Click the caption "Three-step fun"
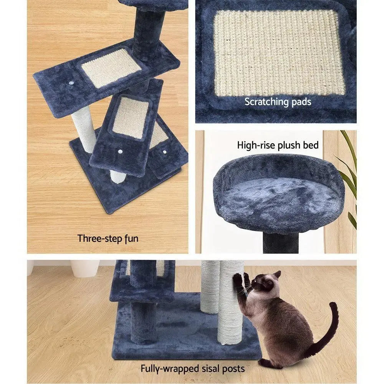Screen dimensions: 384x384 tap(108, 238)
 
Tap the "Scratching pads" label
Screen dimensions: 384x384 tap(278, 102)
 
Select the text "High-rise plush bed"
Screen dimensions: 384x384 tap(278, 145)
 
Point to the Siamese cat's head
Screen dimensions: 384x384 tap(265, 284)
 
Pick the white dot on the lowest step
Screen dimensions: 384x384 tap(165, 152)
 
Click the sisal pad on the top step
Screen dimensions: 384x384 tap(111, 67)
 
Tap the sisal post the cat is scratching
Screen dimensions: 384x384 tap(230, 307)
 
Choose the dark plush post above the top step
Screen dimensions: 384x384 tap(148, 33)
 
